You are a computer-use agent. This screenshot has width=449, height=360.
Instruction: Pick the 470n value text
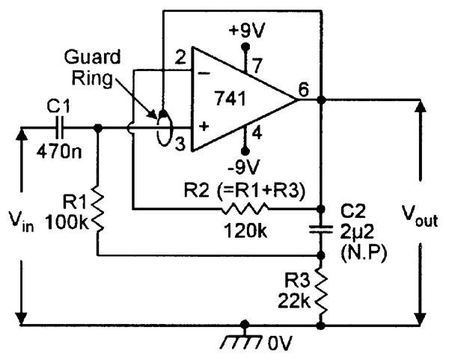coord(58,148)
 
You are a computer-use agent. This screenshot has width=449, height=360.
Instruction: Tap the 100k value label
coord(65,222)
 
